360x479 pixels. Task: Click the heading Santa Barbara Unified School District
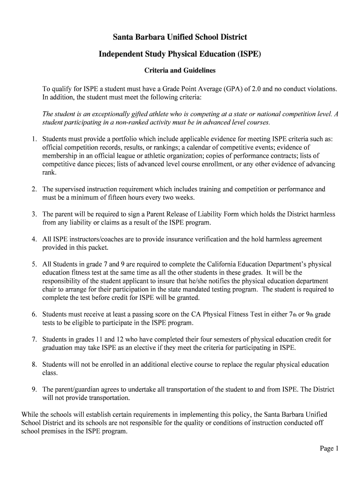[180, 36]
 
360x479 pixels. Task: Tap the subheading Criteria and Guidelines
[180, 71]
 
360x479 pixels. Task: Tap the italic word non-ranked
[135, 123]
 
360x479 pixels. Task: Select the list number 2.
[34, 189]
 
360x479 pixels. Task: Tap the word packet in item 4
[100, 247]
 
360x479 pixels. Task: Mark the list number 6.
[34, 314]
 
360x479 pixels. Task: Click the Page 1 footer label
[329, 449]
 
